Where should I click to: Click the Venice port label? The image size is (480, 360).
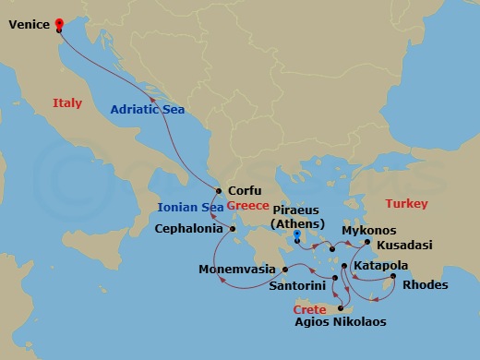tap(29, 27)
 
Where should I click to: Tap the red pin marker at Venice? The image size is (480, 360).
tap(60, 25)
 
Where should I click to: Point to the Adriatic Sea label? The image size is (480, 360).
tap(148, 110)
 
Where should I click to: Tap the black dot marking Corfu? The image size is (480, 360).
tap(219, 191)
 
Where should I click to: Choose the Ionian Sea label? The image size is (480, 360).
tap(189, 207)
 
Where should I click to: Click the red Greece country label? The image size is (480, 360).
tap(248, 206)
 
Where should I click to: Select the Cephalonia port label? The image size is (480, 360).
tap(189, 228)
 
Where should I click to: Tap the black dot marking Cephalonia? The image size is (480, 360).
tap(233, 229)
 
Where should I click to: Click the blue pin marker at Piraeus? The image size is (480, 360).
tap(297, 237)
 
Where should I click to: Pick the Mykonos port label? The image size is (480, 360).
tap(368, 230)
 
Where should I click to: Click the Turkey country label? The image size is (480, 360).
tap(406, 203)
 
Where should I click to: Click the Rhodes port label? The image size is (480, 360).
tap(426, 285)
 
